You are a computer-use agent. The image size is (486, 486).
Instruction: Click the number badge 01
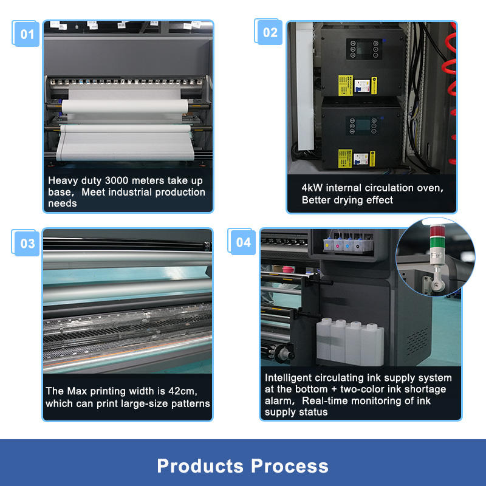pos(26,34)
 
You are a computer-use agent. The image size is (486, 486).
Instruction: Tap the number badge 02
pos(269,32)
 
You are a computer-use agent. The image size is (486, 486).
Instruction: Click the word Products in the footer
pos(200,466)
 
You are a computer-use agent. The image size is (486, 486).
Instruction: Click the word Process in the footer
pos(290,466)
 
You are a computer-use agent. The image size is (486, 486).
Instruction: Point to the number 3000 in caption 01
pos(116,180)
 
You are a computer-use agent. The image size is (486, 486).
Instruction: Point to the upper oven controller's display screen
pos(364,49)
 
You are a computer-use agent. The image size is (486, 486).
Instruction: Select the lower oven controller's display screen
pos(363,125)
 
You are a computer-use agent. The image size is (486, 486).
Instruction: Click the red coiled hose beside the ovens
pos(452,90)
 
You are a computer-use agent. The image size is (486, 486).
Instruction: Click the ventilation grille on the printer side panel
pos(417,341)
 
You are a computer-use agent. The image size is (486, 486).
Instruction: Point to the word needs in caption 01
pos(63,204)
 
